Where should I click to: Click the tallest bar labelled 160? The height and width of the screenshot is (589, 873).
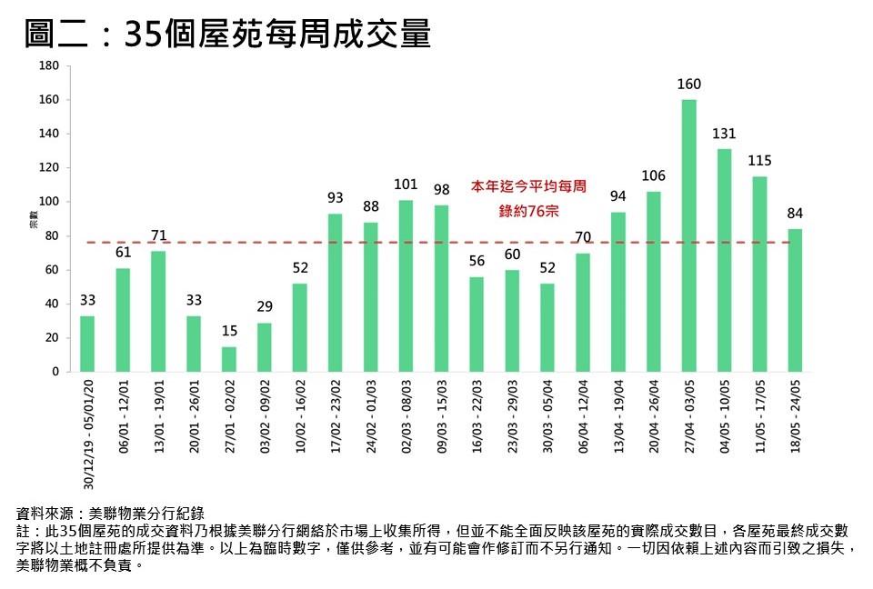[x=688, y=235]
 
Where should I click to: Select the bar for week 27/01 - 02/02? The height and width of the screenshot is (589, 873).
[x=229, y=359]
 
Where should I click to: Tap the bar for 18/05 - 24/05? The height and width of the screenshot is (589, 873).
[x=795, y=300]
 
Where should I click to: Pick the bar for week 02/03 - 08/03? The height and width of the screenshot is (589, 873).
[x=406, y=285]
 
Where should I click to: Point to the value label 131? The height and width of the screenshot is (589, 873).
[x=724, y=134]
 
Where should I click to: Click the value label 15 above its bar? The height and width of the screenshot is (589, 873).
[x=229, y=331]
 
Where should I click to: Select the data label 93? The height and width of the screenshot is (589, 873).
[x=336, y=197]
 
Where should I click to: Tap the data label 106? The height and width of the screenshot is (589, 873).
[x=653, y=175]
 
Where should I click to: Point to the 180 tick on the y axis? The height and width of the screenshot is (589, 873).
[x=49, y=65]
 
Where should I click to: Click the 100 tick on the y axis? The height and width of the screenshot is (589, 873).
[x=49, y=202]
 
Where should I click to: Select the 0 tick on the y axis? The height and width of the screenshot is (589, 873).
[x=55, y=372]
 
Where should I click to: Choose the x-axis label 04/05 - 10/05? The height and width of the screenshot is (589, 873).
[x=725, y=416]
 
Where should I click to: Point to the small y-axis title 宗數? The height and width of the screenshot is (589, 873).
[x=34, y=219]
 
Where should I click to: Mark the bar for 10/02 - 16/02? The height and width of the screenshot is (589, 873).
[x=300, y=327]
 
